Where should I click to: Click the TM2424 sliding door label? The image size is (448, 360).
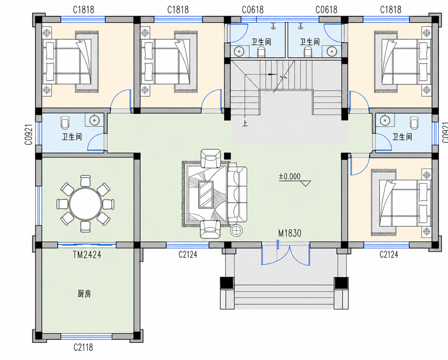pyautogui.click(x=87, y=255)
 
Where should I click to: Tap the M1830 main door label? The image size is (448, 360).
pyautogui.click(x=290, y=233)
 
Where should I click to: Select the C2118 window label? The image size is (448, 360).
pyautogui.click(x=83, y=348)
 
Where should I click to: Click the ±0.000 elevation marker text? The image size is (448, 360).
pyautogui.click(x=289, y=176)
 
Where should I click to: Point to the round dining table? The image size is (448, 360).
pyautogui.click(x=86, y=204)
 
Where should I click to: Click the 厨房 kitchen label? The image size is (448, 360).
pyautogui.click(x=84, y=294)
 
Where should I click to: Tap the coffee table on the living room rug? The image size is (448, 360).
pyautogui.click(x=206, y=194)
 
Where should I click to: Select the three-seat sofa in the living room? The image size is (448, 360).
pyautogui.click(x=237, y=194)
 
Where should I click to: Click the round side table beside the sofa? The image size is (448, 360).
pyautogui.click(x=237, y=231)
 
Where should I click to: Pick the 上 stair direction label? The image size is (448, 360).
pyautogui.click(x=245, y=124)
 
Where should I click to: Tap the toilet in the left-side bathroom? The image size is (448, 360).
pyautogui.click(x=65, y=123)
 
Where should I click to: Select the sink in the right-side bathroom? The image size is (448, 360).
pyautogui.click(x=385, y=120)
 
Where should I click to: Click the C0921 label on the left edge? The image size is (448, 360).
pyautogui.click(x=29, y=135)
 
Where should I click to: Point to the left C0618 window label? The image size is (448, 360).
pyautogui.click(x=253, y=10)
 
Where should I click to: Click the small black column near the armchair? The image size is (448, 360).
pyautogui.click(x=228, y=156)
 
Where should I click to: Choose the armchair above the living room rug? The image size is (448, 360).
pyautogui.click(x=211, y=159)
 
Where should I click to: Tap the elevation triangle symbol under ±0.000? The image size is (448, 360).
pyautogui.click(x=306, y=184)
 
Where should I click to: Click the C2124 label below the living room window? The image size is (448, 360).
pyautogui.click(x=188, y=254)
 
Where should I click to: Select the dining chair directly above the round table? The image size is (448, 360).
pyautogui.click(x=86, y=181)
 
